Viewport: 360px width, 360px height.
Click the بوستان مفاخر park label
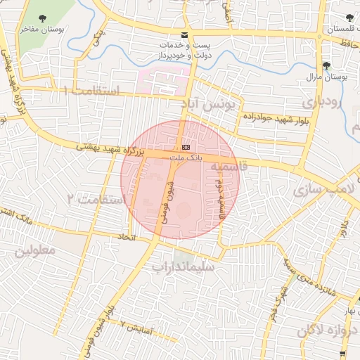38,30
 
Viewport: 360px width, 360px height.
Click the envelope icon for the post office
184,35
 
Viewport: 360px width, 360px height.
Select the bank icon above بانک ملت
186,147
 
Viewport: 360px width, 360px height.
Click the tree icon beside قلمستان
349,18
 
